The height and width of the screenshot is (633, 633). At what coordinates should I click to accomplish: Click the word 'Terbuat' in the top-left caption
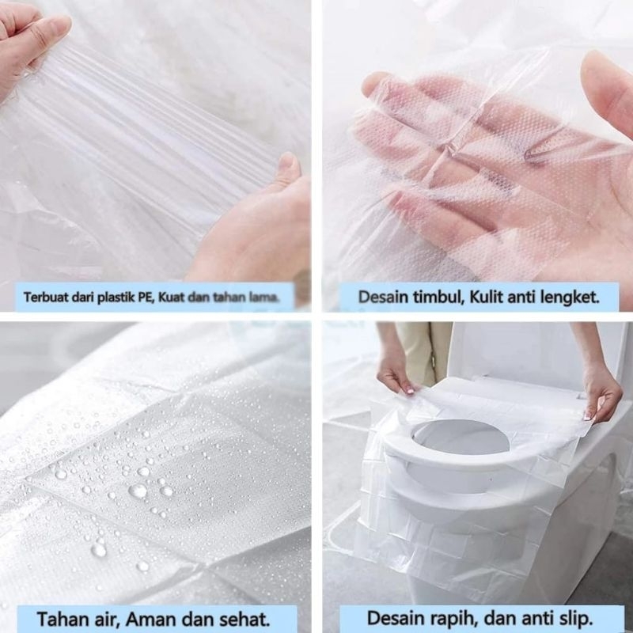[x=42, y=298]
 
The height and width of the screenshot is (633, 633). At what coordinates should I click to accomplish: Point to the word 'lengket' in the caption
[x=568, y=298]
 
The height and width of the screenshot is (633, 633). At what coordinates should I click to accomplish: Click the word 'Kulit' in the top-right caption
[x=484, y=298]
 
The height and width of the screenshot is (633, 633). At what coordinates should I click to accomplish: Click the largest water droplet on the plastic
[x=138, y=491]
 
